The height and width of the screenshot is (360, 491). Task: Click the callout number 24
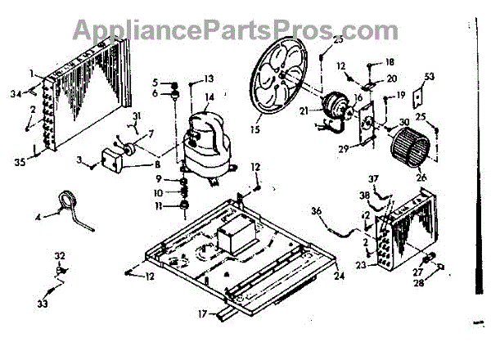pyautogui.click(x=339, y=275)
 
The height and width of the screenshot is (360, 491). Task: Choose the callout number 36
pyautogui.click(x=316, y=211)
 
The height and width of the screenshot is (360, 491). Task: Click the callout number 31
pyautogui.click(x=137, y=115)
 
